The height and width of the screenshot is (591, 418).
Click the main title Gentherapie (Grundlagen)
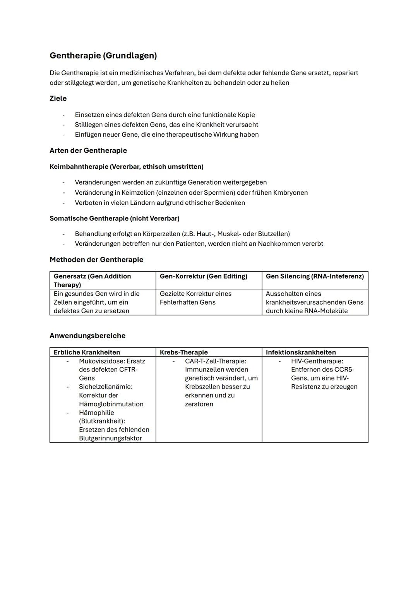click(x=103, y=56)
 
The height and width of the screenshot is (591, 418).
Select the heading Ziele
click(x=58, y=98)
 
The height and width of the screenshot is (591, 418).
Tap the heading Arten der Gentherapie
click(x=88, y=150)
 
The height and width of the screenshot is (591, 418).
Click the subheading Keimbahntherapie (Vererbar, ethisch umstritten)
click(x=126, y=166)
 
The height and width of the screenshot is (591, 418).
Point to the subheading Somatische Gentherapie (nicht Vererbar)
click(x=114, y=218)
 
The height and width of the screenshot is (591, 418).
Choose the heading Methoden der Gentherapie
click(x=96, y=260)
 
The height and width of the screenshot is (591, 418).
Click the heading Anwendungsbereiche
click(x=87, y=336)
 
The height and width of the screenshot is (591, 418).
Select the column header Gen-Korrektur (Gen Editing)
click(x=203, y=276)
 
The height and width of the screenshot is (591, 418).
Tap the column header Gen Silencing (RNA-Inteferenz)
click(x=314, y=276)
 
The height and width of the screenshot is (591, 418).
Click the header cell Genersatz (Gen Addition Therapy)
click(x=92, y=280)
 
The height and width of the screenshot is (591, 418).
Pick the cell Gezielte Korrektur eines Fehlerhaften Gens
click(x=195, y=298)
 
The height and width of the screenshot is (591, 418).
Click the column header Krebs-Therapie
click(x=183, y=352)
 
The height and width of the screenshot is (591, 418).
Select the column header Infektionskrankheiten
click(x=300, y=352)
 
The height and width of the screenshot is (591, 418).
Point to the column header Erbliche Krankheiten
click(x=87, y=352)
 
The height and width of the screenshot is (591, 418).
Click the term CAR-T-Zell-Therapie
click(x=215, y=361)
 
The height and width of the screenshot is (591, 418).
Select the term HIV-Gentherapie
click(x=317, y=361)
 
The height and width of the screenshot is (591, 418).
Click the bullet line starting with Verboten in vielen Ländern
click(x=159, y=202)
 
